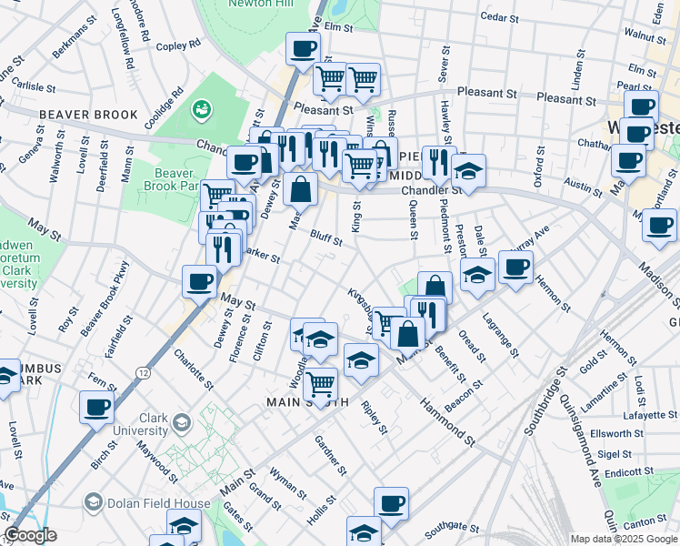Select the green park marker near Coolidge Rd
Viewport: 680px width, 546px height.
(200, 109)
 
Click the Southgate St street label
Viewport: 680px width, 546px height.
(451, 526)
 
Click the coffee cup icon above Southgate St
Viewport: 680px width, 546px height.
(391, 502)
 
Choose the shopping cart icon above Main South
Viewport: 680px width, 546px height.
(320, 384)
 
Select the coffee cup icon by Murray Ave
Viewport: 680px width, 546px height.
(515, 268)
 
